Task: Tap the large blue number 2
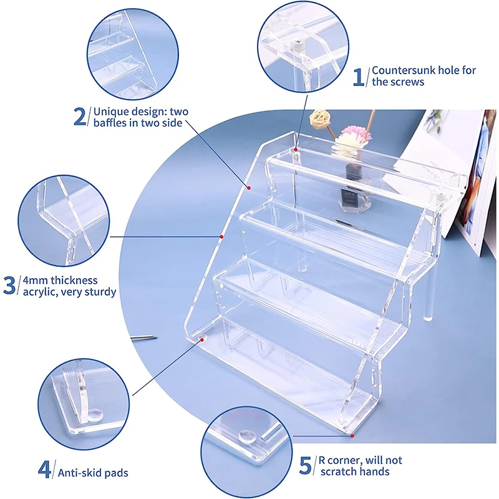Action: coord(80,117)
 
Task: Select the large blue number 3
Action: coord(10,286)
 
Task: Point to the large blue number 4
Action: coord(44,469)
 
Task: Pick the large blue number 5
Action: coord(306,465)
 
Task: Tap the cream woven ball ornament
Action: coord(321,117)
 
